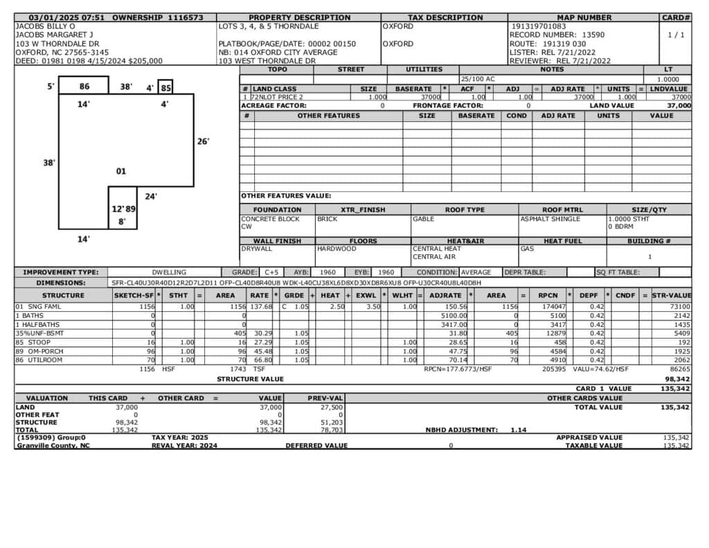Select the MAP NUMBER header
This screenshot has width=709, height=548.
click(x=584, y=17)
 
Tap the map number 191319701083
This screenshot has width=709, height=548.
click(x=539, y=26)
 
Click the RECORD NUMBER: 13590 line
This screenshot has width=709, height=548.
click(x=557, y=35)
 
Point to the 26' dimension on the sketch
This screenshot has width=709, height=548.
click(x=203, y=141)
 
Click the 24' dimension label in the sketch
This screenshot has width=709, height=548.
click(x=151, y=197)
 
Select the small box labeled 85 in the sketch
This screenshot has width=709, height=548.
click(x=165, y=88)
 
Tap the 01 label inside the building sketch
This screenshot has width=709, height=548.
click(x=120, y=171)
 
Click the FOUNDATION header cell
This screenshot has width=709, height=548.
click(x=277, y=210)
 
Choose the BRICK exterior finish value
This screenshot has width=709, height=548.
click(x=327, y=219)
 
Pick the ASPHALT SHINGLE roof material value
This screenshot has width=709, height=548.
click(x=550, y=219)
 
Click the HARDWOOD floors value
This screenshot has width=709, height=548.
click(x=336, y=249)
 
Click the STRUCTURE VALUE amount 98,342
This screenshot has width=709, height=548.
click(x=677, y=379)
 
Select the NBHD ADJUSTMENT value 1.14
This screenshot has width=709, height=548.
click(x=519, y=430)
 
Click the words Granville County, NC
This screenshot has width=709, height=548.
click(x=53, y=445)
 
